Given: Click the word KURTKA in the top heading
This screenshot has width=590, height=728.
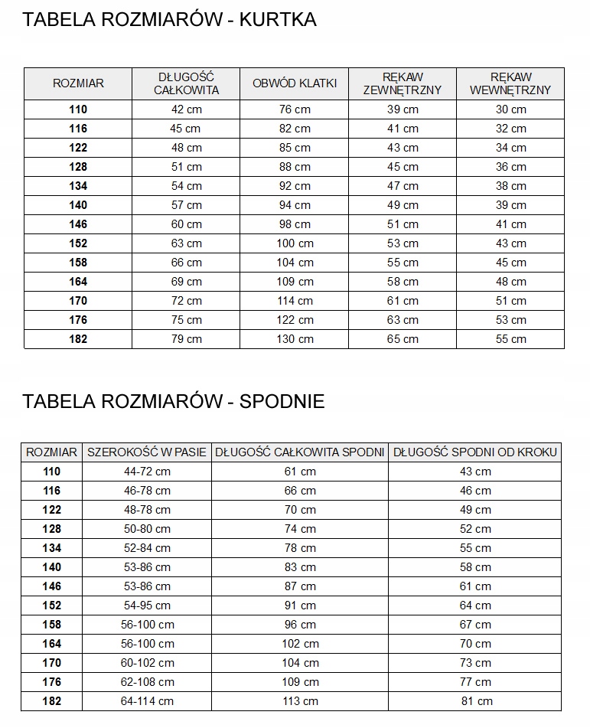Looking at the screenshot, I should (x=278, y=20).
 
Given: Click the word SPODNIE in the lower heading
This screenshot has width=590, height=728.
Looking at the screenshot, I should (x=282, y=401).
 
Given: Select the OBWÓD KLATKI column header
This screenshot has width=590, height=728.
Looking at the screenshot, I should (x=295, y=83).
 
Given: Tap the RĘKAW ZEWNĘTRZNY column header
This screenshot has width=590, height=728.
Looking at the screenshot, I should (x=403, y=83).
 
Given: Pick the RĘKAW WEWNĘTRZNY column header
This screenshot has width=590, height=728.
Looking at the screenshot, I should (x=510, y=83).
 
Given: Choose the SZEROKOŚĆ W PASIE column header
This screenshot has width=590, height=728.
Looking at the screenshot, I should (x=147, y=452).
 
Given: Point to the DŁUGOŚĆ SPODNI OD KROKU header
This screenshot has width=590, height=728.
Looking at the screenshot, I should (x=475, y=452).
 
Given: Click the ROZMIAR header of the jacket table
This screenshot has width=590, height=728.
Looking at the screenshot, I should (x=78, y=83).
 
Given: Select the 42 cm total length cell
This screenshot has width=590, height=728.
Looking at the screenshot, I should (x=187, y=109).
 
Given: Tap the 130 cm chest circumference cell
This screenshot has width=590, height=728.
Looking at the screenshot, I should (x=295, y=339).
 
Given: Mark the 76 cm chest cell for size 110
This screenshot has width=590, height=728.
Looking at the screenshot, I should (x=295, y=109).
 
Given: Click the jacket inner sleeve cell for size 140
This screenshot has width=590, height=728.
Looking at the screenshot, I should (x=510, y=205).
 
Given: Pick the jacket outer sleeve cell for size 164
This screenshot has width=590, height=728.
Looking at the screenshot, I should (x=403, y=282).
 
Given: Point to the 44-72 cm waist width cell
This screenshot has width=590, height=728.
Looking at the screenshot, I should (x=147, y=472).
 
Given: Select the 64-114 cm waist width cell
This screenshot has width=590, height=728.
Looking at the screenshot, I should (x=147, y=701).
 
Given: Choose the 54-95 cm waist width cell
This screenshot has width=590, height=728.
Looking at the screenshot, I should (x=147, y=606).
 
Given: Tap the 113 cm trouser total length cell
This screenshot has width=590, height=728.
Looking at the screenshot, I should (x=300, y=701).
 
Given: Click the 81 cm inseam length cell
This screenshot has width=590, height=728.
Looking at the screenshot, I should (x=475, y=701).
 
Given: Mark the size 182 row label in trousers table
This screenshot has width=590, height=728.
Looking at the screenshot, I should (x=52, y=701).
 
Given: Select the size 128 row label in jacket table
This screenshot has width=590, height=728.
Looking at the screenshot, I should (x=78, y=167).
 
